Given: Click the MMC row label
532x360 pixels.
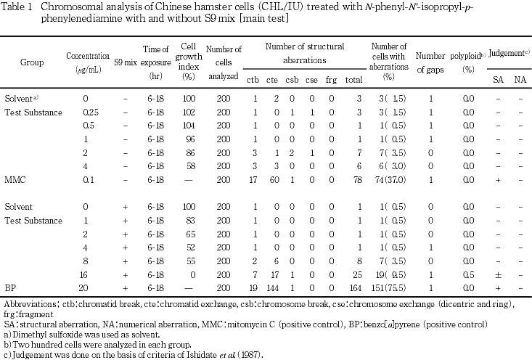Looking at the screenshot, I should pyautogui.click(x=15, y=178).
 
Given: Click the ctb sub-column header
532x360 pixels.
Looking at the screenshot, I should pyautogui.click(x=253, y=79).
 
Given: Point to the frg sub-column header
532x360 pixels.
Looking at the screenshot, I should pyautogui.click(x=331, y=79).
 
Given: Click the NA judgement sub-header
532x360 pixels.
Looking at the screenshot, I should pyautogui.click(x=520, y=79).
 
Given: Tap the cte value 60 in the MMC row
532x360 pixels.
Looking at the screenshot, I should pyautogui.click(x=273, y=178).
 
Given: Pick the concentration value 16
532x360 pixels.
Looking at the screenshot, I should pyautogui.click(x=87, y=276).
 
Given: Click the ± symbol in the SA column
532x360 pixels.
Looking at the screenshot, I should pyautogui.click(x=497, y=276).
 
